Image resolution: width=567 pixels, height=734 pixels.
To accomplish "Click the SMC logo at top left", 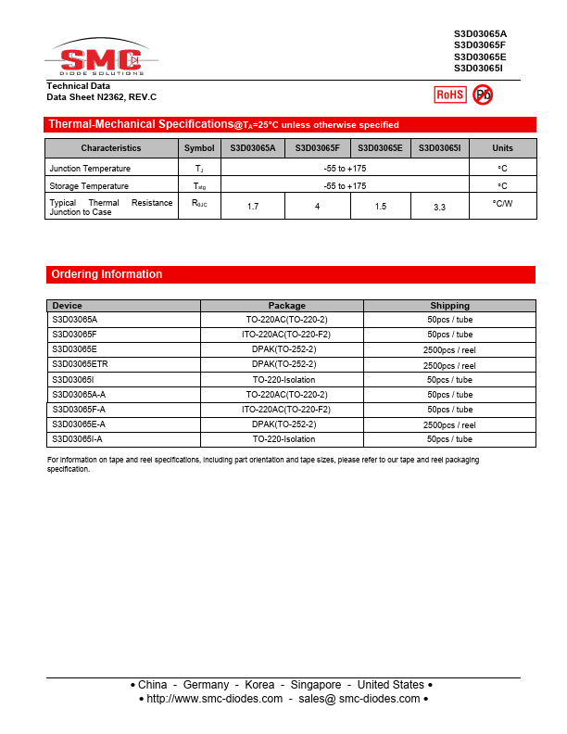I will [101, 61].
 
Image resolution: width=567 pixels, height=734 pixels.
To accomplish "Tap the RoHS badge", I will [450, 95].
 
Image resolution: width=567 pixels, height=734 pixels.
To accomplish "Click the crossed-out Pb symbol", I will [483, 95].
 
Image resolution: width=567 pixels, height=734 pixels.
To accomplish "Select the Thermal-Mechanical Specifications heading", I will [140, 124].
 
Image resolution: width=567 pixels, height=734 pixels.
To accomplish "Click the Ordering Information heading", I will [107, 274].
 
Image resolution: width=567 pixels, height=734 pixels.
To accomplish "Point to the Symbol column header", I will [198, 148].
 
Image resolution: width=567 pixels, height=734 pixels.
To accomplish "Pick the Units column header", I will [502, 148].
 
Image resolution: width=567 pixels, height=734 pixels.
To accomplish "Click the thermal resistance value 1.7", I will [253, 206].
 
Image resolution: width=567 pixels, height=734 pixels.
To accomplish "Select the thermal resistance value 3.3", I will [439, 208].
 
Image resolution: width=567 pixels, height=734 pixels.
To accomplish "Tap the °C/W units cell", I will [502, 203].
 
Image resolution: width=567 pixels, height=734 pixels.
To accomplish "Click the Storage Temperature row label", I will [89, 186].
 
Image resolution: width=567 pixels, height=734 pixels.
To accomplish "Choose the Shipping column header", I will [449, 306].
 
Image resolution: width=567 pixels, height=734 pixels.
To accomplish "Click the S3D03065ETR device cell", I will [80, 364].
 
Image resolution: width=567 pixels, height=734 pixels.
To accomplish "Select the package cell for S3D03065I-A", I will [283, 439].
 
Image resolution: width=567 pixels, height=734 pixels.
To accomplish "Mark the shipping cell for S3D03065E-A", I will [449, 424].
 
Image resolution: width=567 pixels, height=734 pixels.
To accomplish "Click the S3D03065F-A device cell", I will [79, 409].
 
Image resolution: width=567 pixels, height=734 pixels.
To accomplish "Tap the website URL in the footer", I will [214, 699].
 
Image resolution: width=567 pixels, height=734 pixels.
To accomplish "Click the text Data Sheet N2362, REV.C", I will [102, 97].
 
